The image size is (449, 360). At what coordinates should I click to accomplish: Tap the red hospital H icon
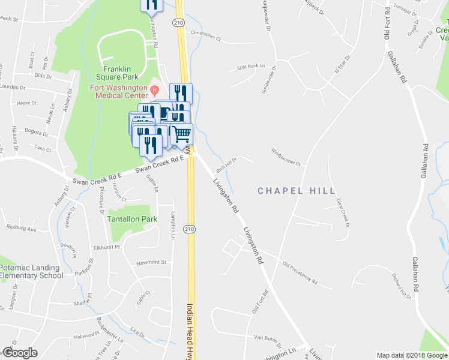coord(154,91)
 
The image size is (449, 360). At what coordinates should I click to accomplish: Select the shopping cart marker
coord(181,134)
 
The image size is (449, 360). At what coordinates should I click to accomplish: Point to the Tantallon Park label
coord(131,219)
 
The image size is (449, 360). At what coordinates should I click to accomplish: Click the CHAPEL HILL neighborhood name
coord(296,191)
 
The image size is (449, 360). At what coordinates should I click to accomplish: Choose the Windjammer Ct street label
coord(285,157)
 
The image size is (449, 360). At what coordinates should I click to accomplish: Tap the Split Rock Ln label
coord(250,67)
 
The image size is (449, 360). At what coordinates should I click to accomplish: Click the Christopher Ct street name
coord(206,35)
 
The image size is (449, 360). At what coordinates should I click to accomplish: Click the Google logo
coord(20,353)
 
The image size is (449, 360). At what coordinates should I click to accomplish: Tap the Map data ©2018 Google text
coord(412,355)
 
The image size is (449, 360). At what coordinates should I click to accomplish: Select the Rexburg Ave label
coord(22,229)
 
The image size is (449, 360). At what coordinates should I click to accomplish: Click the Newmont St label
coord(151,262)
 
